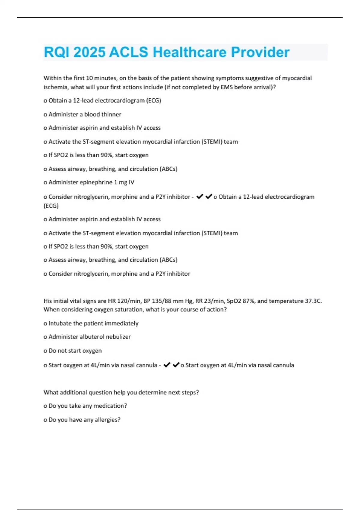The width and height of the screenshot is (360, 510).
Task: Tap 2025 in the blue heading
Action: point(89,52)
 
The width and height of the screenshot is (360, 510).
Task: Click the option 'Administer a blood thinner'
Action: point(85,114)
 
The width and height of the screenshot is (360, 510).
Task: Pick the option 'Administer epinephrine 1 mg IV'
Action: point(91,182)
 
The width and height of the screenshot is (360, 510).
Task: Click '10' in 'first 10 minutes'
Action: point(89,78)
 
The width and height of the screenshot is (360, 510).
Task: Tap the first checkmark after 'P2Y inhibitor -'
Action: point(199,196)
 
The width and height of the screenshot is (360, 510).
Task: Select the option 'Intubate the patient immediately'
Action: point(93,323)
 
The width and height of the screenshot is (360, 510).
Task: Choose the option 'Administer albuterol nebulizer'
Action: point(89,337)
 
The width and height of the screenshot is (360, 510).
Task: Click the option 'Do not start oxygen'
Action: point(75,351)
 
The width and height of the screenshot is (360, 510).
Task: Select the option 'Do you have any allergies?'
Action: point(84,420)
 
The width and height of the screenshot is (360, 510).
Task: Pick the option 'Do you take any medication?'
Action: point(88,406)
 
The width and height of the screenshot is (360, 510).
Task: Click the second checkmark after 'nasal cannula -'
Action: point(176,365)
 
